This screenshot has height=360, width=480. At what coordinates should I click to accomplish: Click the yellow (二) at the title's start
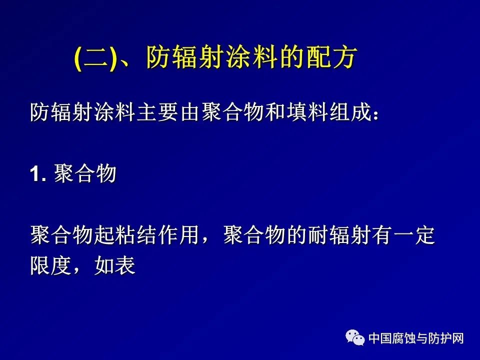point(95,58)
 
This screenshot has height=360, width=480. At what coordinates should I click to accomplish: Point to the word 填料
point(307,112)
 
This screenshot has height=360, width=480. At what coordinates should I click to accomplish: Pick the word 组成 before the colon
point(349,112)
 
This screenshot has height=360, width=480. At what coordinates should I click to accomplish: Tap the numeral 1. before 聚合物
point(38,174)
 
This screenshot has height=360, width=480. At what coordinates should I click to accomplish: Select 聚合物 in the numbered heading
point(85,173)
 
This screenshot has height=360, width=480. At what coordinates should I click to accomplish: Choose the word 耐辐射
point(339,235)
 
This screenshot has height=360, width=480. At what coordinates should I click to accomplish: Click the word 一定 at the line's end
point(414,235)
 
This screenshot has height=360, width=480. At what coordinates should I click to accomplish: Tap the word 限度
point(51,265)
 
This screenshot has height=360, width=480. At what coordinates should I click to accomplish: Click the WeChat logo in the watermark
point(355,337)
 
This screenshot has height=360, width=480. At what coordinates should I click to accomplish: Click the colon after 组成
point(375,114)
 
